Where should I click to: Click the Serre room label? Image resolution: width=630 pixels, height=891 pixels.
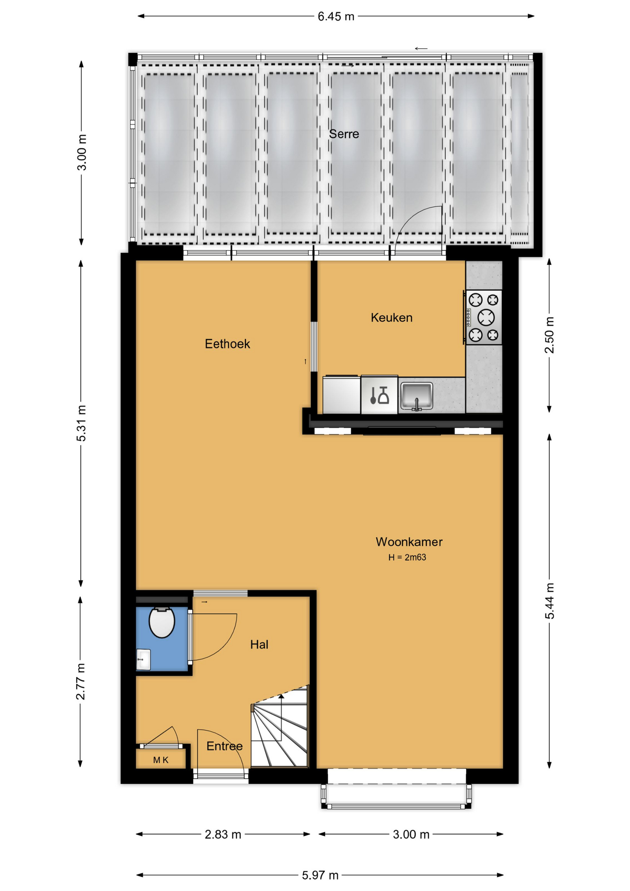(x=344, y=134)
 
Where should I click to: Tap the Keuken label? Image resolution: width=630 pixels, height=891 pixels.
(x=392, y=317)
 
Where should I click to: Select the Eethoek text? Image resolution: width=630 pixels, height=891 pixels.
(x=227, y=344)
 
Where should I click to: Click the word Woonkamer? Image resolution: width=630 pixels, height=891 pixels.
(x=409, y=542)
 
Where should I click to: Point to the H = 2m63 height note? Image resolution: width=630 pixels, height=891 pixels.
(x=407, y=557)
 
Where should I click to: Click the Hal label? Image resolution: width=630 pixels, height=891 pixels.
(x=259, y=644)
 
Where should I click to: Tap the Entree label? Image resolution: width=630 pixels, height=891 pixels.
(x=225, y=746)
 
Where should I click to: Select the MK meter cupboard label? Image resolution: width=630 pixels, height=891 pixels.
(x=161, y=760)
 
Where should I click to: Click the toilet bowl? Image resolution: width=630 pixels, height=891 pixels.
(x=161, y=622)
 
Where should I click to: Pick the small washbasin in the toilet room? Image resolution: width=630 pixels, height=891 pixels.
(x=143, y=659)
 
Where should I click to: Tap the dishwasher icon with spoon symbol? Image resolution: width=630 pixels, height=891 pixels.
(x=379, y=395)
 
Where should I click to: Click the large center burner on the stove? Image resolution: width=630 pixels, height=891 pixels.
(x=486, y=317)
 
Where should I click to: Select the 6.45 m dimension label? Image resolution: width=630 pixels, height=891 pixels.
(x=336, y=17)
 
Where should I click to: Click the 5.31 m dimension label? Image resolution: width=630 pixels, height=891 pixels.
(x=81, y=423)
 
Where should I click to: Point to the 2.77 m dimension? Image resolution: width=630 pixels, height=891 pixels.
(x=81, y=681)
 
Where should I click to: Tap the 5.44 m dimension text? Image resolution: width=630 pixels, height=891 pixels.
(x=549, y=600)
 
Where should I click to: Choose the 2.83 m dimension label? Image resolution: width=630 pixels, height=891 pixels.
(x=223, y=834)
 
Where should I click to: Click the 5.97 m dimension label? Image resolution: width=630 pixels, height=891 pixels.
(x=320, y=875)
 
